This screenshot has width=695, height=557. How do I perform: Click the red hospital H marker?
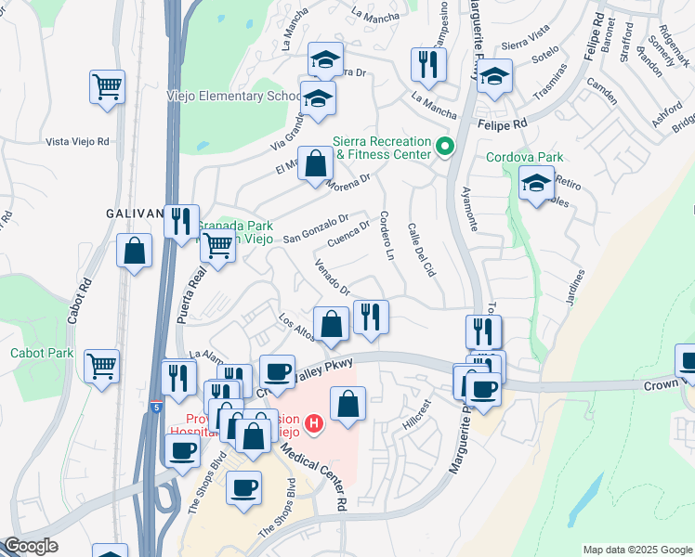[314, 424]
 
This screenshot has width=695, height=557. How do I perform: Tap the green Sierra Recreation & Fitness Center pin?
[444, 147]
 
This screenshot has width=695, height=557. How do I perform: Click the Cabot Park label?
[42, 353]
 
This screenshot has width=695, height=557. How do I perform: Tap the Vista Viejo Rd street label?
[78, 141]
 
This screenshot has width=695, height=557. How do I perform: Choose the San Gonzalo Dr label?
[316, 227]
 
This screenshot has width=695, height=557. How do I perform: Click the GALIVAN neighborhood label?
[135, 214]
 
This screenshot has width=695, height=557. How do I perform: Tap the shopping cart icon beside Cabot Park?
[101, 365]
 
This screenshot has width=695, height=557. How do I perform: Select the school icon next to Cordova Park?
[537, 184]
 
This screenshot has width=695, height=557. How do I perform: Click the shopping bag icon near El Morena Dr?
[316, 163]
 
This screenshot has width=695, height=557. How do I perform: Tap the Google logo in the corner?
[31, 546]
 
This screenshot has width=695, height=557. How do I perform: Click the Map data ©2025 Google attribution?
[636, 550]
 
